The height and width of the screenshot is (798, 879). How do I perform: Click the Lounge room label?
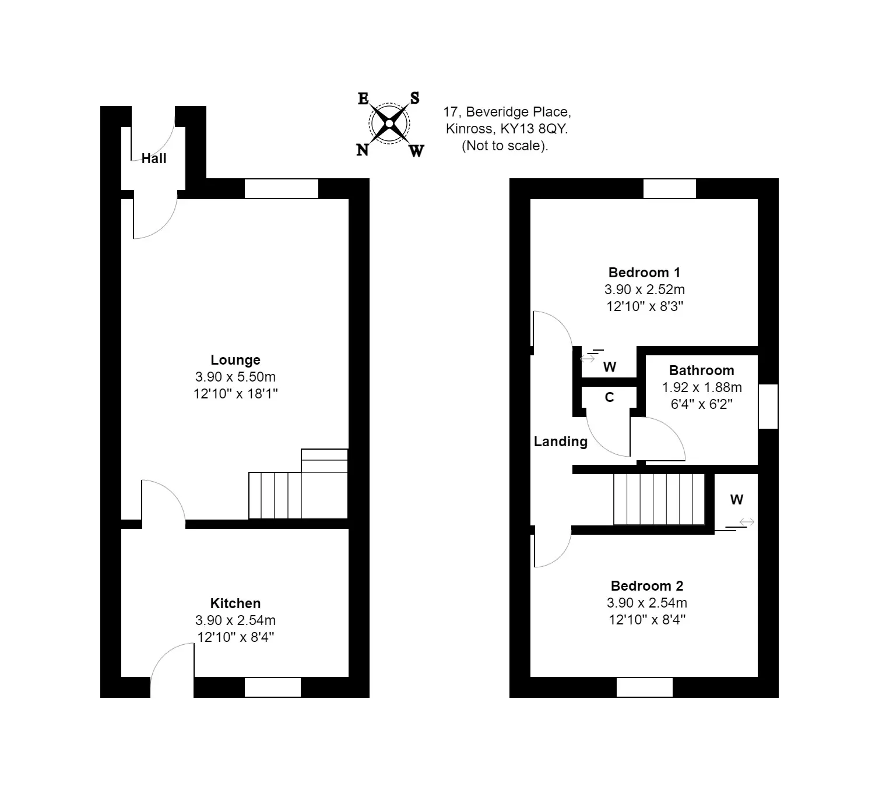[235, 360]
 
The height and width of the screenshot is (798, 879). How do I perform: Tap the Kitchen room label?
[235, 603]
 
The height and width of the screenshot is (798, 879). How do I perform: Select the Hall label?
[154, 158]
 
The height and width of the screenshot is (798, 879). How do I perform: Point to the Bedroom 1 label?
[644, 273]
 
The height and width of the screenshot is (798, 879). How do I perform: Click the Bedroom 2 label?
[647, 586]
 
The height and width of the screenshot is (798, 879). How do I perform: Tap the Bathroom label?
[702, 370]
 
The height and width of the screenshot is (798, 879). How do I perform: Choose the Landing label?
[560, 442]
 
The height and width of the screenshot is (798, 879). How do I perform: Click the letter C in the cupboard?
[609, 397]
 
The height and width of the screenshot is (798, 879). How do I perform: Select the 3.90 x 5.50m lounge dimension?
[235, 377]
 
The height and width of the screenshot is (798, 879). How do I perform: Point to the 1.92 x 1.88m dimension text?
[702, 387]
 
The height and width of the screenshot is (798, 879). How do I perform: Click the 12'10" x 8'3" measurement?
[645, 306]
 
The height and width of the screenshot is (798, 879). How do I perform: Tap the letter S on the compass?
[414, 98]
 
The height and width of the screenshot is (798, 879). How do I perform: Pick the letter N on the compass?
[363, 150]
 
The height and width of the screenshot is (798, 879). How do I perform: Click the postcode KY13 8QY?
[533, 129]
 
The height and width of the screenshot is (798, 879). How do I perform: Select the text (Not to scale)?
[505, 146]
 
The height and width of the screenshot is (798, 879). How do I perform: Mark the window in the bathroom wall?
[768, 407]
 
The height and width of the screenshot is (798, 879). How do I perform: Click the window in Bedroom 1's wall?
[670, 189]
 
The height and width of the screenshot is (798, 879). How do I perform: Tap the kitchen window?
[273, 687]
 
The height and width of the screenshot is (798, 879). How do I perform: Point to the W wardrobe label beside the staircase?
[737, 499]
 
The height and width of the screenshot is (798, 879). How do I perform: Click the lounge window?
[282, 189]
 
